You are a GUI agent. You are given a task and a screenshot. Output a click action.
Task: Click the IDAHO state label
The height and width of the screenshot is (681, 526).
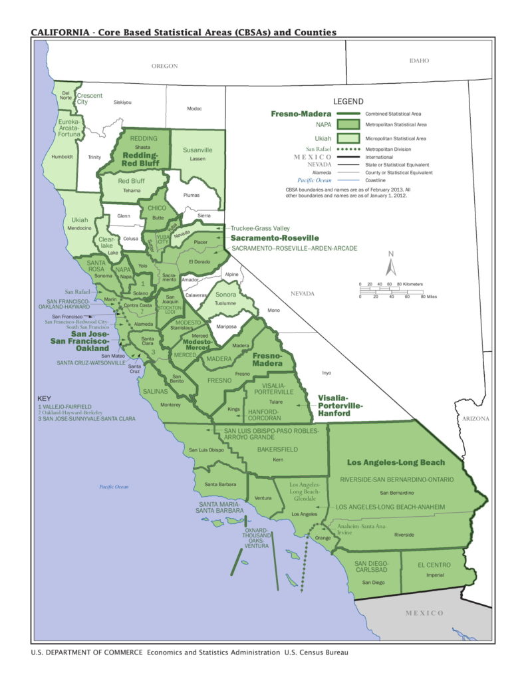(x=420, y=61)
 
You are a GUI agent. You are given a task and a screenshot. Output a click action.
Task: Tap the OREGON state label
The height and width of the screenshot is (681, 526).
(x=165, y=66)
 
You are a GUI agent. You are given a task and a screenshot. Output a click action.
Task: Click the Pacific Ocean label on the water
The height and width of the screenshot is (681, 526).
(x=114, y=487)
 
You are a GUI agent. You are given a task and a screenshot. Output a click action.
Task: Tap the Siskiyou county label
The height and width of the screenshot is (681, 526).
(x=123, y=102)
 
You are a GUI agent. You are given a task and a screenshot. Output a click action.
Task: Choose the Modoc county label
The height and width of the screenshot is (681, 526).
(x=194, y=108)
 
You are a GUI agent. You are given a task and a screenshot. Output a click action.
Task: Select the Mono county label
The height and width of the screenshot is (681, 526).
(x=273, y=310)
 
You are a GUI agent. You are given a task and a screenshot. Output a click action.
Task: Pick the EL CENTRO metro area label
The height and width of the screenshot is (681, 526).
(x=434, y=565)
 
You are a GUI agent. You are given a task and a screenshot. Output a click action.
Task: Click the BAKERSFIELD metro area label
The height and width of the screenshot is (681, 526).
(x=278, y=450)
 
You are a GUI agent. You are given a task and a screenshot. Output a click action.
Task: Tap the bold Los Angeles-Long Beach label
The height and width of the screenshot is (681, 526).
(x=396, y=463)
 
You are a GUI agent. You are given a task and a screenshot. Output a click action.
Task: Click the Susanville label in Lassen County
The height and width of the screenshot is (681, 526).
(x=197, y=150)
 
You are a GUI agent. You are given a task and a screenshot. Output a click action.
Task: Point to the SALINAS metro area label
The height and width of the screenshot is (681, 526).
(x=156, y=392)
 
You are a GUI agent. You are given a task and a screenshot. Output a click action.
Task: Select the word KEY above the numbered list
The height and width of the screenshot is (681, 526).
(x=44, y=398)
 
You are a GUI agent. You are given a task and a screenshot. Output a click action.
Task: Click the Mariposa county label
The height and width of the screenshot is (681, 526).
(x=225, y=327)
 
